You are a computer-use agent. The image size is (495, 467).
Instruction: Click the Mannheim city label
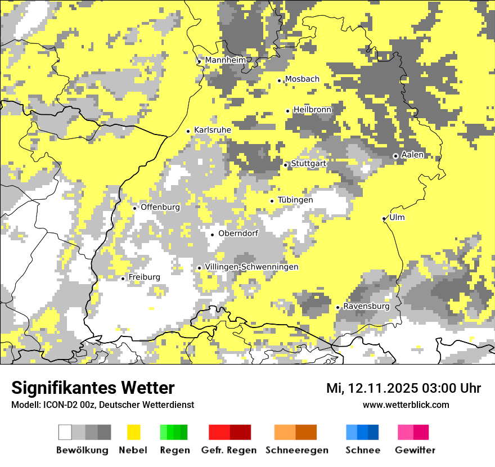[x=226, y=60]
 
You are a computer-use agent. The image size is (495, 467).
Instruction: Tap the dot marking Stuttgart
[x=286, y=165]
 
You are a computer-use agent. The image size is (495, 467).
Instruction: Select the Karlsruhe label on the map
[x=212, y=130]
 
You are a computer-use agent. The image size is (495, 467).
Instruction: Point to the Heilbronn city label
[x=312, y=110]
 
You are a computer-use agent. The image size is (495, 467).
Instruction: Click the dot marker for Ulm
[x=384, y=218]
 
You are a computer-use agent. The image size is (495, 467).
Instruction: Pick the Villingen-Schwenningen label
[x=251, y=267]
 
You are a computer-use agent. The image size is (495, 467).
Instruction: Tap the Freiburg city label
[x=144, y=277]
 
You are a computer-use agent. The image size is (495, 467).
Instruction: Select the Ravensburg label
[x=366, y=307]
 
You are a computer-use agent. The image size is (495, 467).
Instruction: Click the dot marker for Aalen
[x=395, y=156]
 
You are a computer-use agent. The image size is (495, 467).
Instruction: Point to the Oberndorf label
[x=238, y=234]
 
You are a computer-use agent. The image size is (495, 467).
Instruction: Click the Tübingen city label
[x=295, y=200]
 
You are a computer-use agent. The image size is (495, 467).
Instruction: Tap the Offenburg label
[x=160, y=207]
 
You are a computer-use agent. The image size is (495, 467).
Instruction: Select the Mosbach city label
[x=302, y=79]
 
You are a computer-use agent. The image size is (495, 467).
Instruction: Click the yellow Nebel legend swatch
[x=133, y=432]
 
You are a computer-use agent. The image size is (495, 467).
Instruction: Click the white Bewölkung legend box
[x=65, y=432]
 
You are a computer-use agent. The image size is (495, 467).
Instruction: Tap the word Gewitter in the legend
[x=415, y=450]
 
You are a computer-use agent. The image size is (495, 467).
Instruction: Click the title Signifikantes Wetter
[x=93, y=388]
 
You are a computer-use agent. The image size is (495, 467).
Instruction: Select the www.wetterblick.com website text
[x=406, y=405]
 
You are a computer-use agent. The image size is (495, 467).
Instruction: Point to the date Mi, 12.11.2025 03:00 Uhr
[x=403, y=388]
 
